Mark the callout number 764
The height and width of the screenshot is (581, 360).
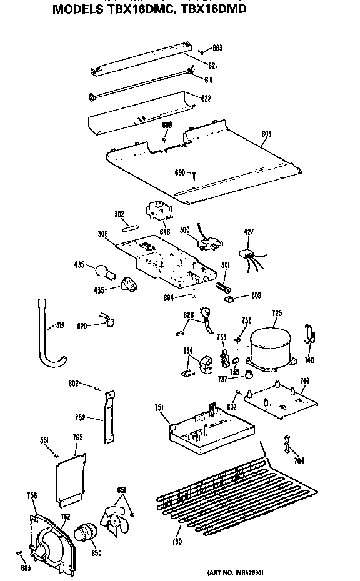pos(299,461)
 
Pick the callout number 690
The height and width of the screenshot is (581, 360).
pos(179,172)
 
